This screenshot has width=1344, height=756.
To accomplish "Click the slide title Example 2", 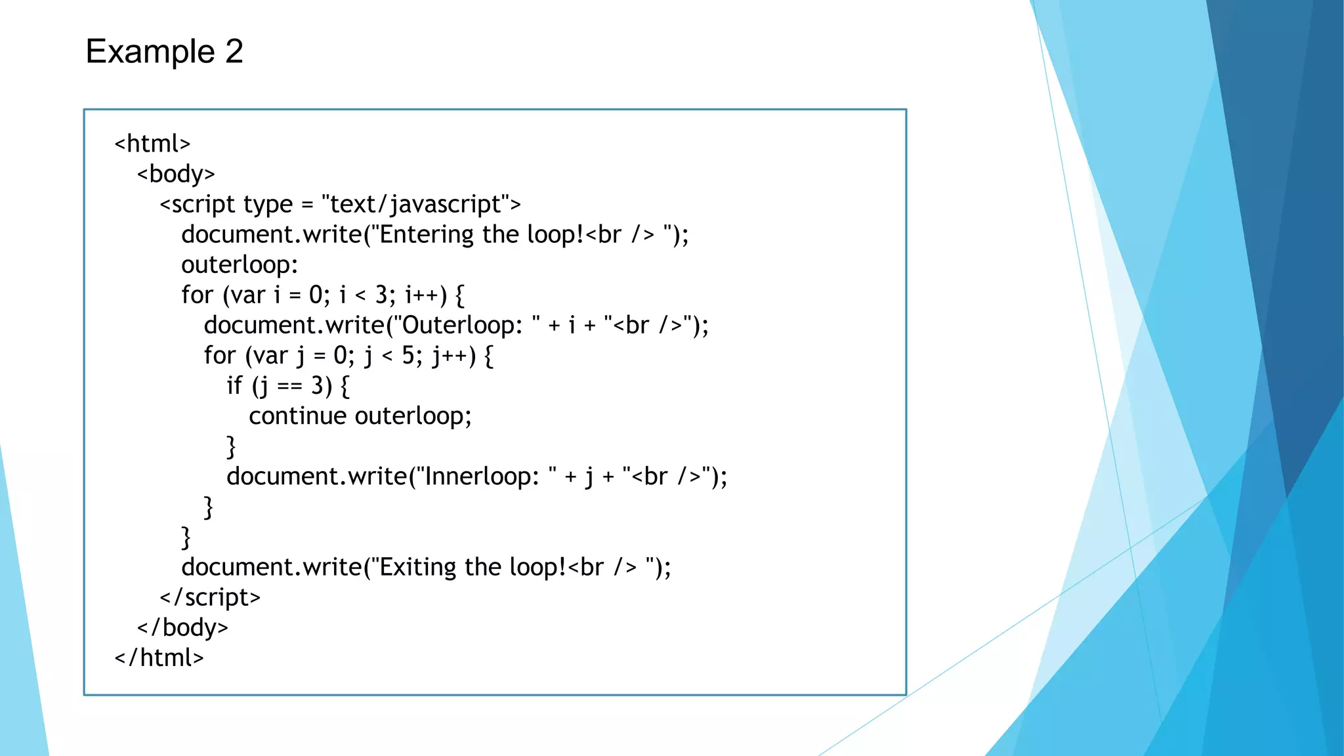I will coord(164,51).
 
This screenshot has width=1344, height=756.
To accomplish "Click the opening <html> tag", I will coord(152,144).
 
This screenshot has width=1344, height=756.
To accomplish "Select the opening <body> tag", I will coord(176,174).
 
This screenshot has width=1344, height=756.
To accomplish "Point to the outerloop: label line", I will coord(240,264).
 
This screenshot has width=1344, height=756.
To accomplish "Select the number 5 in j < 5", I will coord(408,356).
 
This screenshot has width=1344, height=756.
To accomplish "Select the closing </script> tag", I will coord(210,597).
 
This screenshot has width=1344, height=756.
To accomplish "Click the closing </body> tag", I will coord(182,627).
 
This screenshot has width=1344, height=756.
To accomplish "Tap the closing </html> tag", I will coord(159,658).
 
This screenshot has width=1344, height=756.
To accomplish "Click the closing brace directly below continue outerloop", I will coord(231,447).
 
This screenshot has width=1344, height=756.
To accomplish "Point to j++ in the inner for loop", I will coord(450,356).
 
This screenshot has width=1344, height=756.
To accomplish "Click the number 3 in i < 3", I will coord(381,295).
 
